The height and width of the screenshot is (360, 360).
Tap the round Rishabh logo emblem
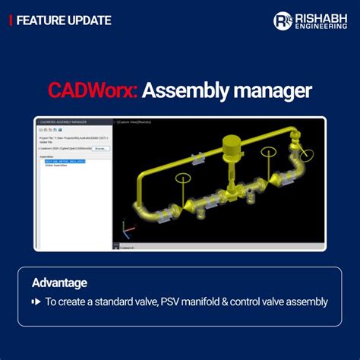coord(283,21)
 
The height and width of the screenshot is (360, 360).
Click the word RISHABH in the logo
coord(320,16)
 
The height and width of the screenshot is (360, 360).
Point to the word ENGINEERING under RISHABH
coord(320,26)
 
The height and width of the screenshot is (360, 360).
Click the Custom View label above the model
coord(135,122)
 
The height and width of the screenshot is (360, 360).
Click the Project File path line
coord(72,137)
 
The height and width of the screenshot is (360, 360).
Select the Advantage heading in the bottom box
coord(59,283)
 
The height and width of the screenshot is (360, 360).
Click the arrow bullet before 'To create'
coord(36,302)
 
